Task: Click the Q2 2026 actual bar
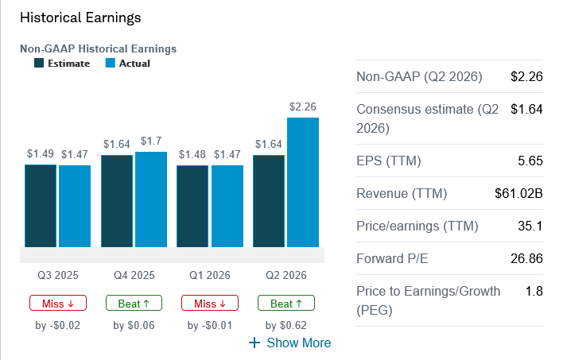click(303, 182)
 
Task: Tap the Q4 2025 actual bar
click(151, 199)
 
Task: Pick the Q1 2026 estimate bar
click(192, 206)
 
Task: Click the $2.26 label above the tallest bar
click(303, 106)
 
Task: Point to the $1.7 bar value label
click(150, 141)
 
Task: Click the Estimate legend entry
click(62, 64)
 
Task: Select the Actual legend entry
click(127, 64)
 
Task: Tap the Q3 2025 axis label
click(57, 276)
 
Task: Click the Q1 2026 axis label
click(210, 276)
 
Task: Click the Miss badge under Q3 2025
click(57, 304)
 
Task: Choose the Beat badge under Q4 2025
click(134, 304)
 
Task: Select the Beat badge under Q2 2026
click(285, 304)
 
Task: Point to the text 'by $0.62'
click(286, 324)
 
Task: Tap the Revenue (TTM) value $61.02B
click(518, 193)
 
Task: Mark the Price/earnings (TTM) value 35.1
click(530, 226)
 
